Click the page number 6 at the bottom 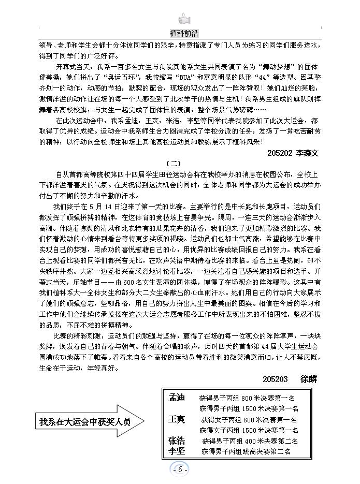click(180, 470)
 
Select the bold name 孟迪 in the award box click(176, 398)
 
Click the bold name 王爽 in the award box click(176, 419)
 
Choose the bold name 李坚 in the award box click(176, 451)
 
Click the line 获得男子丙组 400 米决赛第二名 click(250, 441)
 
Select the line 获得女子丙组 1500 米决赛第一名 click(249, 430)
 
